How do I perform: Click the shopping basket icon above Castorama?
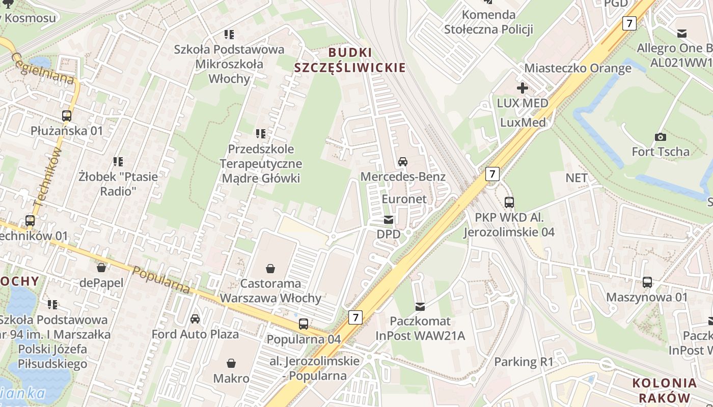[270, 268]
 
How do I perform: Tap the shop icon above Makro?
[231, 363]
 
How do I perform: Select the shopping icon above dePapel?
[101, 268]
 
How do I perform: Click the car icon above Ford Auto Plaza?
[195, 319]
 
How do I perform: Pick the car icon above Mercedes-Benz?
[403, 162]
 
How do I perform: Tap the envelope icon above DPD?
[389, 220]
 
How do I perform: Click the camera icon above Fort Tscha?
[661, 137]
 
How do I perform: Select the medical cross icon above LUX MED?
[523, 88]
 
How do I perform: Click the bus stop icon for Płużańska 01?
[67, 115]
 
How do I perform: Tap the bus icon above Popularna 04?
[304, 324]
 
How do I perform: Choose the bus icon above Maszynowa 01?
[647, 282]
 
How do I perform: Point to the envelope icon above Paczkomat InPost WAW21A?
[420, 306]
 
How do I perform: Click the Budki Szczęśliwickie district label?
[350, 60]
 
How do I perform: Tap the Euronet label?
[404, 199]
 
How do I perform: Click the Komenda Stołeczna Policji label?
[488, 22]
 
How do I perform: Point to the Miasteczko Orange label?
[578, 68]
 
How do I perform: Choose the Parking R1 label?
[524, 362]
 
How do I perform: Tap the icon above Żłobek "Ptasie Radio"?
[118, 162]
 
